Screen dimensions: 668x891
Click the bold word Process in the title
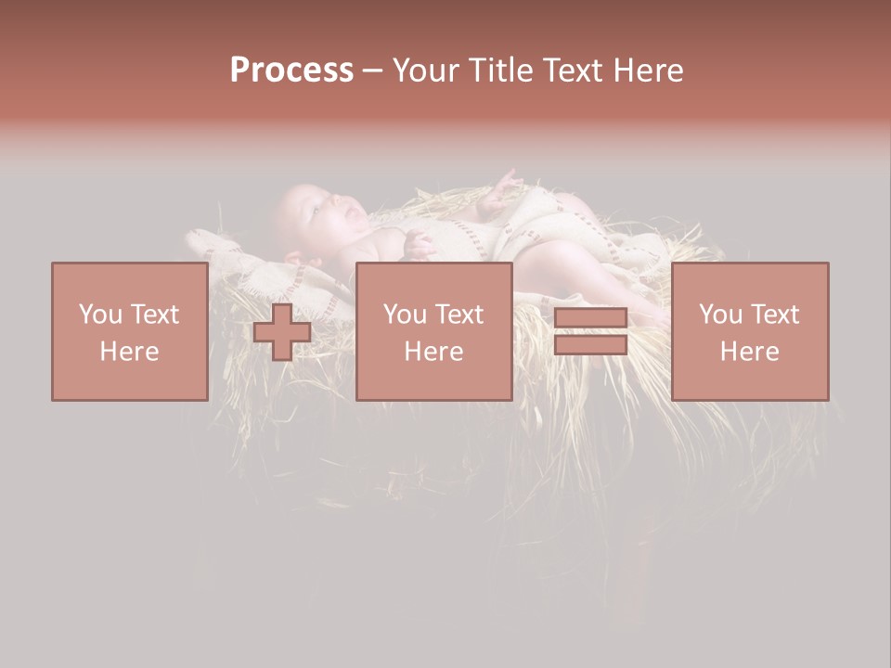[291, 71]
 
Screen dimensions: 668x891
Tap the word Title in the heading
[499, 71]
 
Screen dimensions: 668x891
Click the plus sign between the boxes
[282, 332]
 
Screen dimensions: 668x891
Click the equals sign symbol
[590, 331]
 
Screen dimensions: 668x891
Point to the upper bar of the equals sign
[590, 318]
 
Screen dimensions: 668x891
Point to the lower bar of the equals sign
[590, 344]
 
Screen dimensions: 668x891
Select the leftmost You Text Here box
[129, 331]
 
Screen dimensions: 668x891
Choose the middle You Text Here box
[433, 331]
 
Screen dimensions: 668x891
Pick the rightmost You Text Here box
[750, 331]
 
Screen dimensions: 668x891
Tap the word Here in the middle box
[433, 352]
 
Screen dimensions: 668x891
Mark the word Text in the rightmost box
[775, 315]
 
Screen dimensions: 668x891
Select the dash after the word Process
[373, 71]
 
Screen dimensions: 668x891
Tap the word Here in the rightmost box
[750, 352]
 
